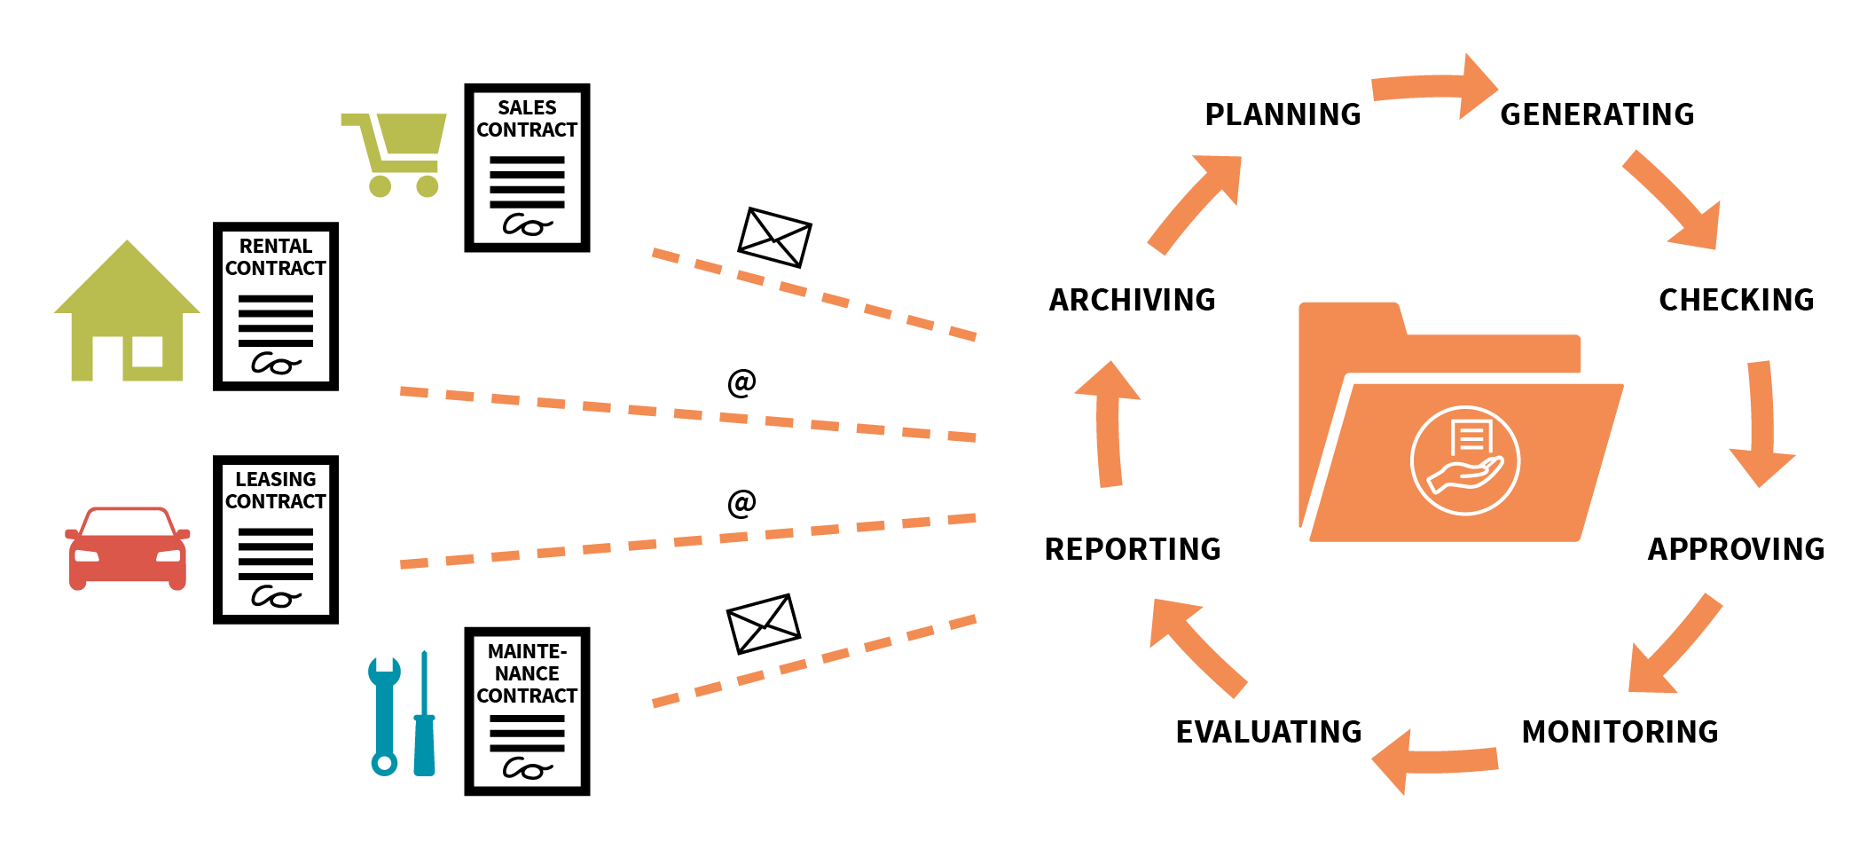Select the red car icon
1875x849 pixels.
128,548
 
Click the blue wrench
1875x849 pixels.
384,715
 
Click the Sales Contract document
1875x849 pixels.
527,169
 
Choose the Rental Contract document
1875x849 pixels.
276,306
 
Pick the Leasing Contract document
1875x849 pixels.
276,539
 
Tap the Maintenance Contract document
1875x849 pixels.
527,711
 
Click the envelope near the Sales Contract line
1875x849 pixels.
774,237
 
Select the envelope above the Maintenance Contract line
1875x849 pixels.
763,624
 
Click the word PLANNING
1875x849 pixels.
1282,114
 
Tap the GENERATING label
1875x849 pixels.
1596,114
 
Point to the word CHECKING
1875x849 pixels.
1736,300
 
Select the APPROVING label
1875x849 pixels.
1736,549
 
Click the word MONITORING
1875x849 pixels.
1620,732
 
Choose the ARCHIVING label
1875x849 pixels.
1132,300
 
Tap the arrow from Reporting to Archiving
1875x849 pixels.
1109,424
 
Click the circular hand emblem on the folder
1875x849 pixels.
1465,460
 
